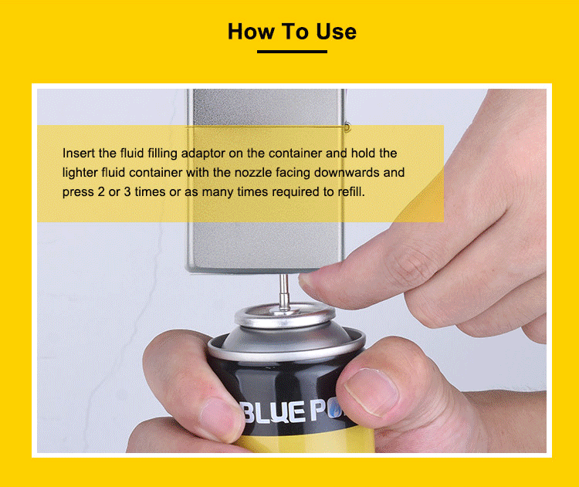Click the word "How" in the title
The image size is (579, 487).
tap(251, 32)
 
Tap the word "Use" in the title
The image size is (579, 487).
tap(337, 32)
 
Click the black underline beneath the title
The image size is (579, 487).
tap(292, 51)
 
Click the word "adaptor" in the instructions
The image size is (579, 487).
tap(203, 154)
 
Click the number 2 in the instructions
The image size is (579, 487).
tap(101, 191)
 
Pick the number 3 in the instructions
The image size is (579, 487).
tap(127, 191)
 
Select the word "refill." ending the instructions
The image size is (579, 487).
tap(351, 191)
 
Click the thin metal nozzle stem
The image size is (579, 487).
tap(283, 291)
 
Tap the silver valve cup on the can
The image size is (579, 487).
tap(285, 316)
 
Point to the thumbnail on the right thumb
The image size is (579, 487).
tap(371, 392)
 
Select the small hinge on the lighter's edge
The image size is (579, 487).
tap(347, 127)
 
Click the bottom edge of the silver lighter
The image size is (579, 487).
tap(264, 271)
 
